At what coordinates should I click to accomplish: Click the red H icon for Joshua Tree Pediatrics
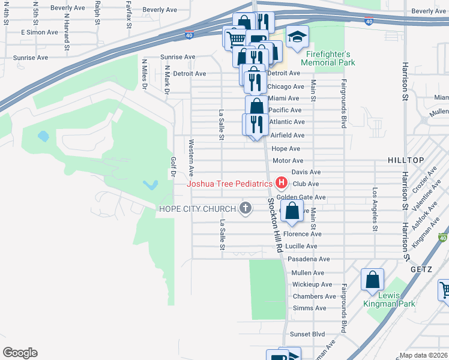(x=280, y=183)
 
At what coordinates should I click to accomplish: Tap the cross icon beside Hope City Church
(x=244, y=208)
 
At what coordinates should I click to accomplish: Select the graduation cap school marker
(x=297, y=38)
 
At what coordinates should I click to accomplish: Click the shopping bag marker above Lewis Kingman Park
(x=372, y=280)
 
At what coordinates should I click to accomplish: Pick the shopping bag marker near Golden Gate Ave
(x=292, y=212)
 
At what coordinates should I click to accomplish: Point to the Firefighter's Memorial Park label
(x=328, y=58)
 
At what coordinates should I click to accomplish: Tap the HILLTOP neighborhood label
(x=406, y=160)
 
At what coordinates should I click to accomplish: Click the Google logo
(x=20, y=353)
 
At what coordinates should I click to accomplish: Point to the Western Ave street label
(x=191, y=154)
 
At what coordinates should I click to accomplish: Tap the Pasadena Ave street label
(x=309, y=259)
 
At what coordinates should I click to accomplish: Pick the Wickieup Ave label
(x=312, y=284)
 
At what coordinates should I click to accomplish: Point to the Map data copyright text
(x=423, y=355)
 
